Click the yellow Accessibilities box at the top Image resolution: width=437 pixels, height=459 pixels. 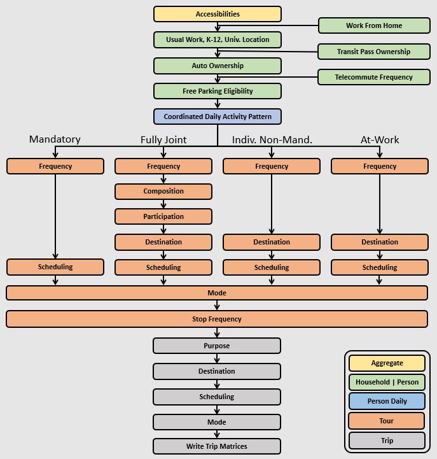(218, 14)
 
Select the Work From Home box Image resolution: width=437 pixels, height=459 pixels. (374, 26)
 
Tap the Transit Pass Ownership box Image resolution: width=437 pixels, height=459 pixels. (374, 52)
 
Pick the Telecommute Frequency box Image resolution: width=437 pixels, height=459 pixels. (374, 77)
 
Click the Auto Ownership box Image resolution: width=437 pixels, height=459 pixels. (218, 66)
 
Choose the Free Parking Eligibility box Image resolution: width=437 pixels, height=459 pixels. (218, 91)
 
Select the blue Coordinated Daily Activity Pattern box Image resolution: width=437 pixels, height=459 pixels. (218, 117)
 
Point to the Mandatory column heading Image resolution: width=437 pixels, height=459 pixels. (55, 139)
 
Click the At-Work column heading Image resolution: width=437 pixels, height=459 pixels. (380, 139)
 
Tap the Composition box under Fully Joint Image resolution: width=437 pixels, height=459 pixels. (163, 192)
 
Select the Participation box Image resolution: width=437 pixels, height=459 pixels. (163, 217)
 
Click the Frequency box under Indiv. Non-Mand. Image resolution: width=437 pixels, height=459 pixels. (272, 166)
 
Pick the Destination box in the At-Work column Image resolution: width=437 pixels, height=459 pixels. (380, 243)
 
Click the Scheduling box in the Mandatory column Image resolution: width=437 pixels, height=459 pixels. (55, 267)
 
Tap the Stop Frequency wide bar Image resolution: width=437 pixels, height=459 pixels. (217, 319)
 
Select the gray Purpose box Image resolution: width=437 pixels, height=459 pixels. (217, 346)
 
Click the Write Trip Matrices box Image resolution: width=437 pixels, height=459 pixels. (217, 446)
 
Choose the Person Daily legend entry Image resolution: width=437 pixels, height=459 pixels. (387, 402)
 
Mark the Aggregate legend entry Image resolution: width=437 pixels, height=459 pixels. (387, 363)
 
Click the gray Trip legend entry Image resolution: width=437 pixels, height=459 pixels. (387, 441)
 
